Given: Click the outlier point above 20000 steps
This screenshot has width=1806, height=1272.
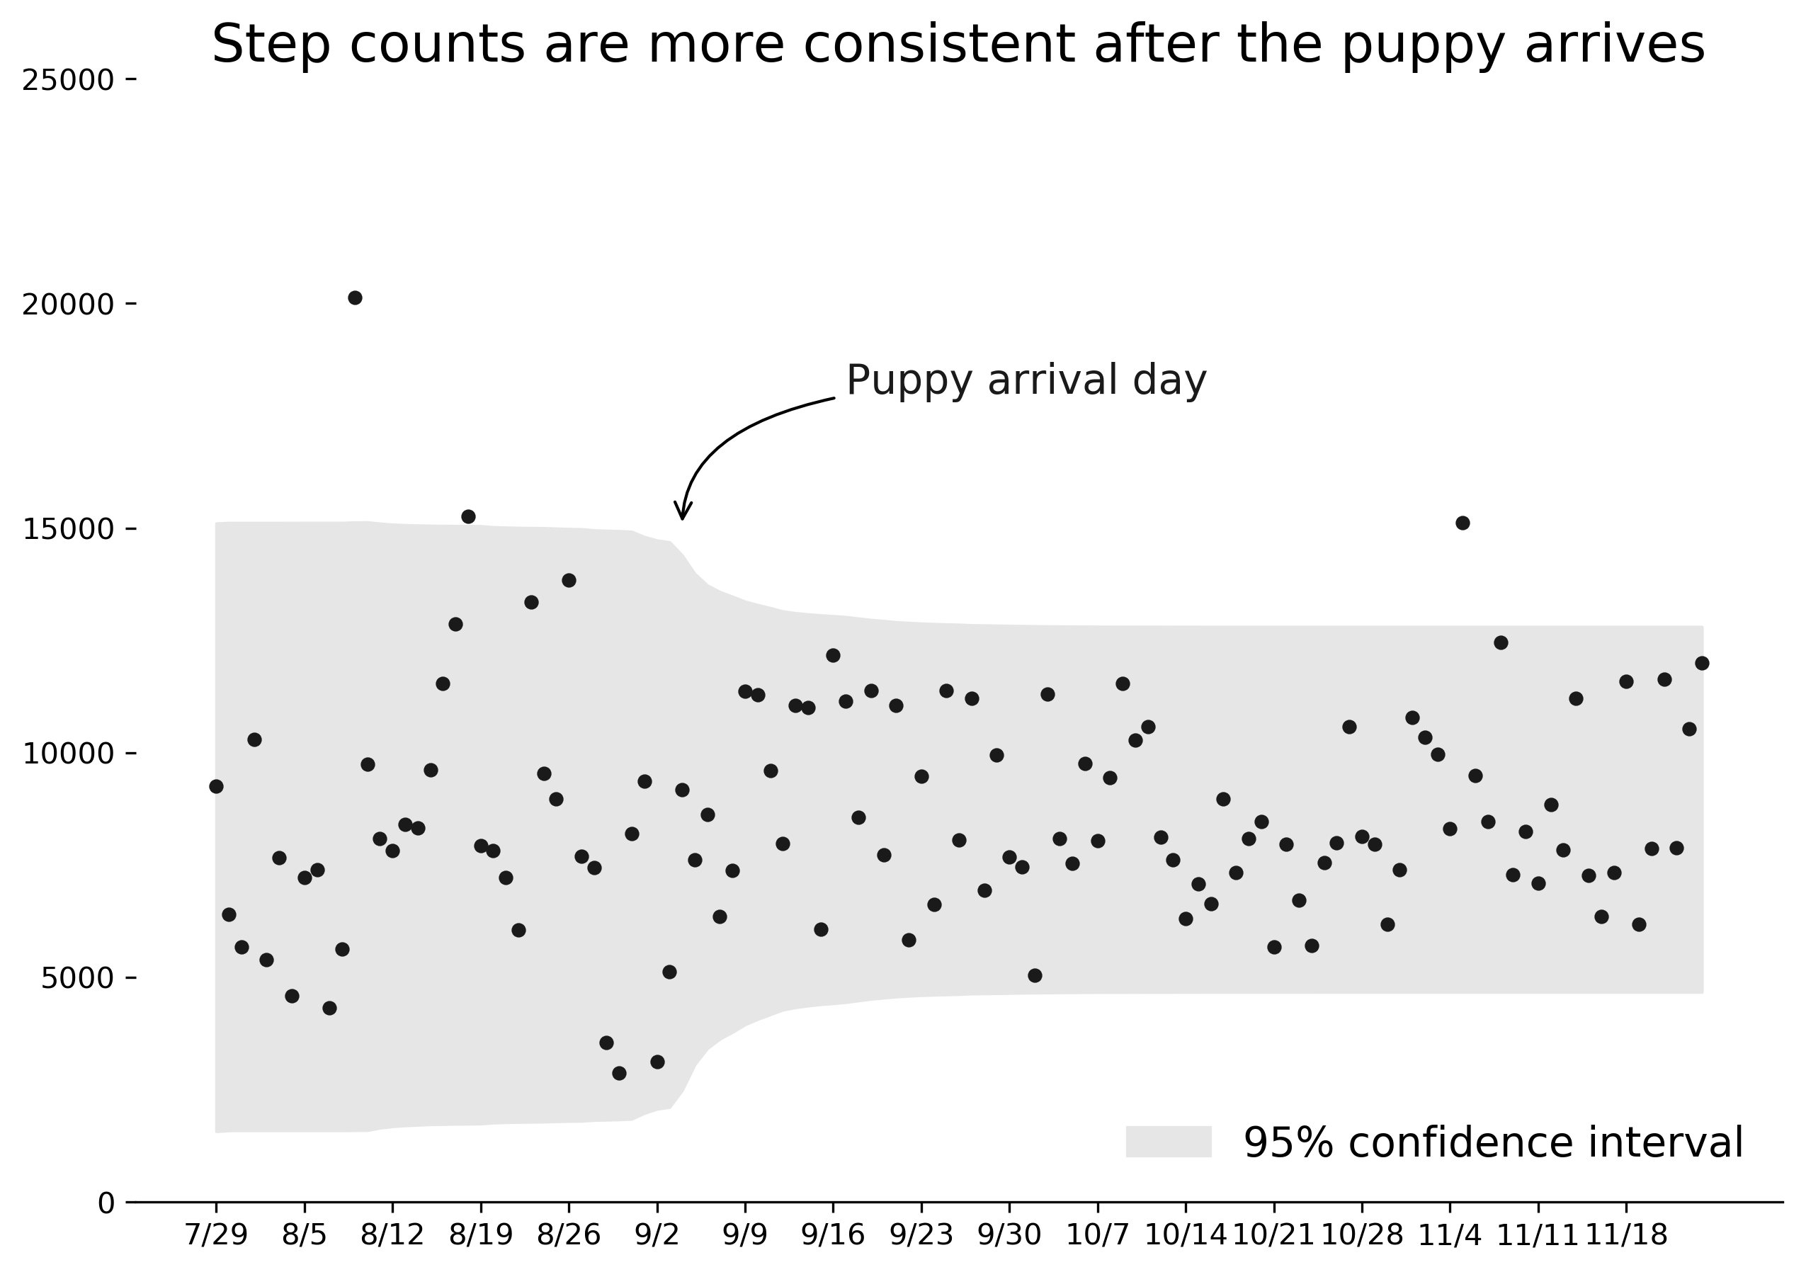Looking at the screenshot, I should [355, 297].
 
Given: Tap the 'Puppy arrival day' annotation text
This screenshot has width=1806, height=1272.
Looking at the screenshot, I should [1026, 381].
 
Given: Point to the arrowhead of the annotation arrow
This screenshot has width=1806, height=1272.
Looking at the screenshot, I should [683, 516].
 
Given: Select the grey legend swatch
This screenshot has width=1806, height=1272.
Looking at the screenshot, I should [1168, 1142].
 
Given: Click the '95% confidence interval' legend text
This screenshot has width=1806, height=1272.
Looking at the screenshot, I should [1493, 1143].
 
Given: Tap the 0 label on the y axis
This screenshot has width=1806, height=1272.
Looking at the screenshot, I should [106, 1203].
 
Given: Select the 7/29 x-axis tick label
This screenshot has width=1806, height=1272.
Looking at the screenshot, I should [216, 1236].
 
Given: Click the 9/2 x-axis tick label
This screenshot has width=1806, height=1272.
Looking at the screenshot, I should [657, 1236].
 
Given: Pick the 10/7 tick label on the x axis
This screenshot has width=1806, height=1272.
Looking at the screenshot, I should [1097, 1236].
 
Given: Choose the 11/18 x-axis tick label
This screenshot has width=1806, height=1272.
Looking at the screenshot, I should [1626, 1236].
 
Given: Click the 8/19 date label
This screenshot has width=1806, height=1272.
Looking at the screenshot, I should [481, 1236].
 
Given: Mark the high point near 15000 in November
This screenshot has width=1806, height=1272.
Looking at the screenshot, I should [1463, 523].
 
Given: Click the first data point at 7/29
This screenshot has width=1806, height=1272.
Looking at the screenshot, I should [216, 787].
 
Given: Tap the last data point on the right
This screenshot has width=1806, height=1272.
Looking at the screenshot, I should [1701, 663].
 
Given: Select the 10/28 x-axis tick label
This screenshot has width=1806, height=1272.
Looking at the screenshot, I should [1361, 1236].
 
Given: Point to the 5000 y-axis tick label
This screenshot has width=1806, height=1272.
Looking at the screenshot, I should [78, 979].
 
